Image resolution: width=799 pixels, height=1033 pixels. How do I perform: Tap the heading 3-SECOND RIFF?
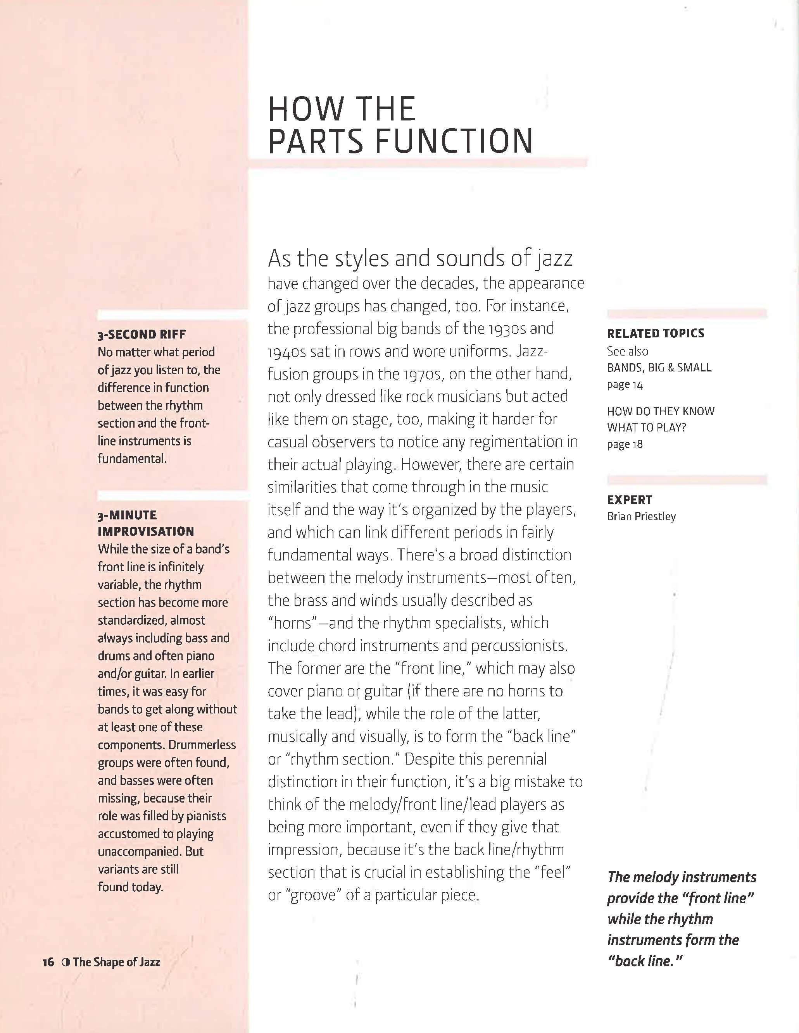point(142,334)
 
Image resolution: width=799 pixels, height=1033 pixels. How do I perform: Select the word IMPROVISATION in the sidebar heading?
point(146,531)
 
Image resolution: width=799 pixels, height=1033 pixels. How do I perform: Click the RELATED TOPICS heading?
point(656,333)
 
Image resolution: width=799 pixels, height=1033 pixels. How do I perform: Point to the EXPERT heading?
point(630,500)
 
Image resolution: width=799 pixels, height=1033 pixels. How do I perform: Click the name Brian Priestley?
point(641,517)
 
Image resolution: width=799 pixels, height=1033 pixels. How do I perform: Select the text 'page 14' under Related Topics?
point(625,385)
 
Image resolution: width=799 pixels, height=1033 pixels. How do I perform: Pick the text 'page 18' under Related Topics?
point(625,445)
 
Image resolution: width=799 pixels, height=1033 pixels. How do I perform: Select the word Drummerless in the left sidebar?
point(202,745)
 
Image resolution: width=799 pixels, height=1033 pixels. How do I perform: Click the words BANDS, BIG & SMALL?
point(659,368)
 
